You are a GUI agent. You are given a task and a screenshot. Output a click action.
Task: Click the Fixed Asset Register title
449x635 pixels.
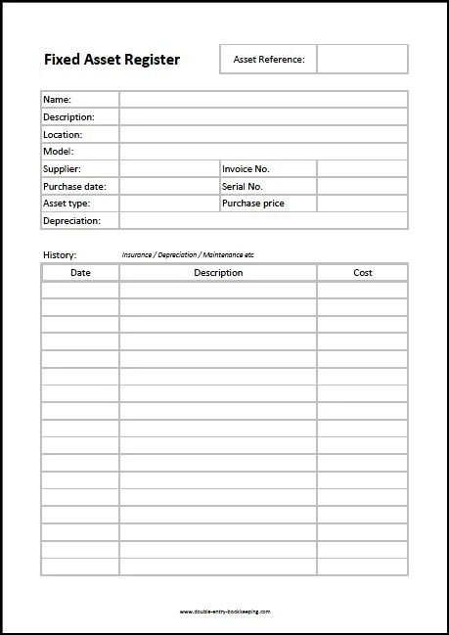click(x=112, y=60)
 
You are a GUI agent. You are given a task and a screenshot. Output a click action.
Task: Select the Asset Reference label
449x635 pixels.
click(x=268, y=60)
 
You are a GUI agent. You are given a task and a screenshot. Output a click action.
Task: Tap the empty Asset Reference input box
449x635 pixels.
click(x=362, y=60)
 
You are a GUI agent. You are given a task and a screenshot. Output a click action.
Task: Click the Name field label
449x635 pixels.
click(x=57, y=100)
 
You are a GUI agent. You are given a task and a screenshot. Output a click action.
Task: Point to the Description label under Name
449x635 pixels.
click(x=68, y=117)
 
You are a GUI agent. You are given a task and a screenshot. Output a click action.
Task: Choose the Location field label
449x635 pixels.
click(x=63, y=135)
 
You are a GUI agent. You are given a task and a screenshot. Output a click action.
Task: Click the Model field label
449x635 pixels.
click(x=58, y=152)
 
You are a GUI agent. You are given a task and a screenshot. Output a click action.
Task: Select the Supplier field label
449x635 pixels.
click(x=62, y=169)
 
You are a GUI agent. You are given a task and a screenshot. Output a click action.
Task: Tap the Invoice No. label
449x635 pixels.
click(x=246, y=169)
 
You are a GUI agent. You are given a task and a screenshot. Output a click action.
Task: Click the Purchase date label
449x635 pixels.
click(x=74, y=186)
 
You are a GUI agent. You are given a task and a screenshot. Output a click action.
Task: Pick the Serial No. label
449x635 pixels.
click(x=244, y=186)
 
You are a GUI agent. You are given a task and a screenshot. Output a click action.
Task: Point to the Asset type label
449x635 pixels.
click(x=67, y=204)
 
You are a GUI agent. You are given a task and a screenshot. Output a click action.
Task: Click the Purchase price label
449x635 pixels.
click(x=253, y=204)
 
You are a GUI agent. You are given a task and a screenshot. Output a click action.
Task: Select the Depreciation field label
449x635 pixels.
click(x=71, y=221)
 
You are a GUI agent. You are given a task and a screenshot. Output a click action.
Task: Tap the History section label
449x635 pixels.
click(x=60, y=255)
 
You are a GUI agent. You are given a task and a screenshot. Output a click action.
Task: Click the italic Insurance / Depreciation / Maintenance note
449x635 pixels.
click(x=188, y=255)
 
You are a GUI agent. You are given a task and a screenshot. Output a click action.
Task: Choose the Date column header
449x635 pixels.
click(x=80, y=273)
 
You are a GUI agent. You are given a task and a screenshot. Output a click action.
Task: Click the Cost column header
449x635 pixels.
click(x=362, y=273)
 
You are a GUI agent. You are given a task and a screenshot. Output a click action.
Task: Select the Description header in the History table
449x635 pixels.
click(x=218, y=273)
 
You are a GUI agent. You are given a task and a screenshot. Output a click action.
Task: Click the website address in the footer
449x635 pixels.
click(x=225, y=612)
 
